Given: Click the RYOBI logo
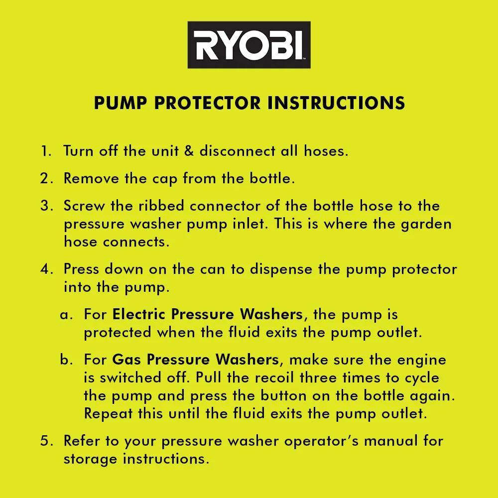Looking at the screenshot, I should [249, 45].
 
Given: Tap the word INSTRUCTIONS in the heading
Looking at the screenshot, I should [336, 103].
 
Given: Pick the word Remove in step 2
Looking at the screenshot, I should [91, 179].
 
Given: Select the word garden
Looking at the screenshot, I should [427, 224].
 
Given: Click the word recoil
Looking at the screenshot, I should [278, 377].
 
